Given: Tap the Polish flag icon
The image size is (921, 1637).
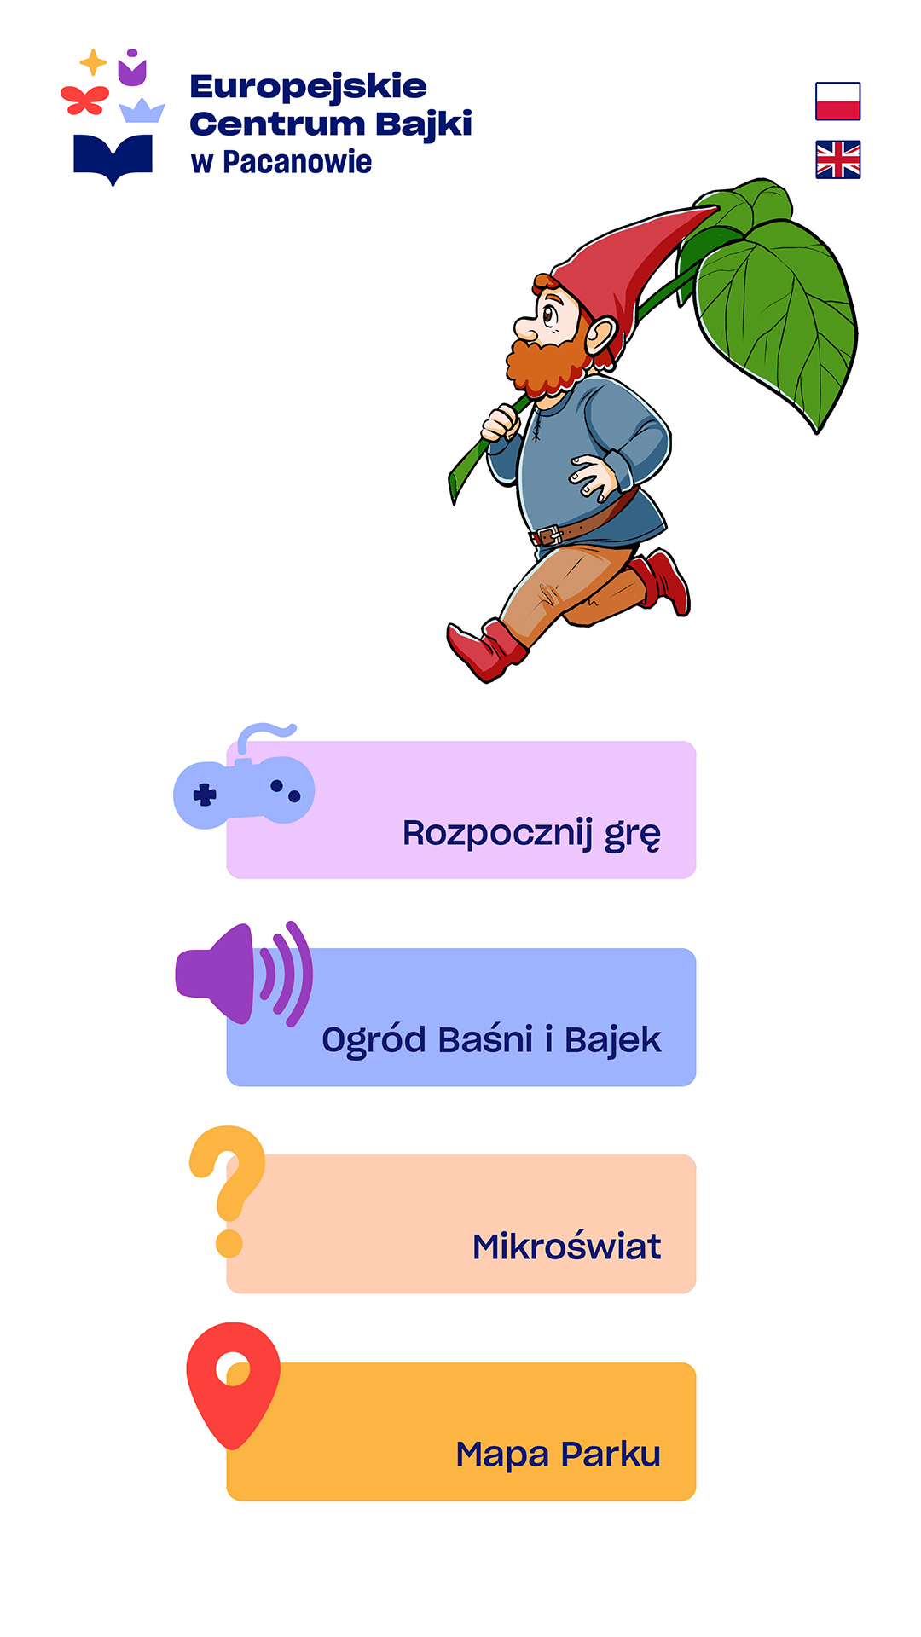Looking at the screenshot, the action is pyautogui.click(x=837, y=101).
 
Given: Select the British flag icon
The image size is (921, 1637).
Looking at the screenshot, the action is pyautogui.click(x=837, y=159).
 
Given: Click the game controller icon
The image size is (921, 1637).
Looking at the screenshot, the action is pyautogui.click(x=243, y=781).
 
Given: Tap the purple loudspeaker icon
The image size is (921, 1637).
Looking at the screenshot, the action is pyautogui.click(x=244, y=974).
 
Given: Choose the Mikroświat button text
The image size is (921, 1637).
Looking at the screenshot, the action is pyautogui.click(x=566, y=1247).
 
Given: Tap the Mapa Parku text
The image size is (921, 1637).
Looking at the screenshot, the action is pyautogui.click(x=559, y=1455).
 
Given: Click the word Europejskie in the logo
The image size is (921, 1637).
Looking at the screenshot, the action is pyautogui.click(x=309, y=87).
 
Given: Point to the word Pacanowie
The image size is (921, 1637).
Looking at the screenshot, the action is pyautogui.click(x=297, y=162).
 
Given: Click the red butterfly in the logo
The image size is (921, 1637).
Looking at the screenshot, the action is pyautogui.click(x=84, y=100).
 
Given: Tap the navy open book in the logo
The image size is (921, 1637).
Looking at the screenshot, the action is pyautogui.click(x=113, y=159).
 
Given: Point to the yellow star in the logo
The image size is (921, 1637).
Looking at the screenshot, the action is pyautogui.click(x=93, y=62).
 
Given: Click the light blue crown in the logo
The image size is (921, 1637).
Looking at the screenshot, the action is pyautogui.click(x=142, y=111).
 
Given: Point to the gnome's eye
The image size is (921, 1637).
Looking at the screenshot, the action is pyautogui.click(x=548, y=314).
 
